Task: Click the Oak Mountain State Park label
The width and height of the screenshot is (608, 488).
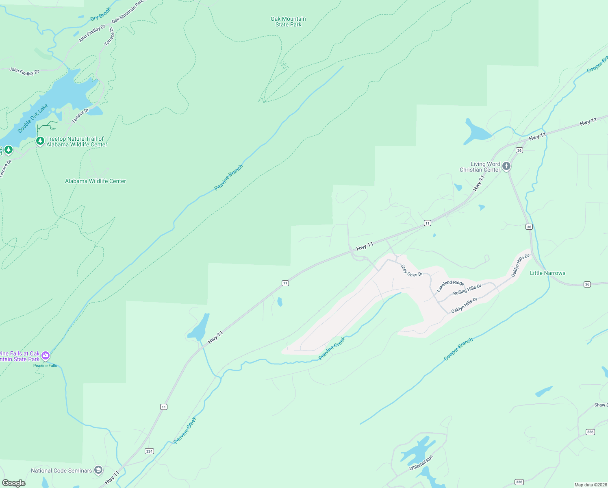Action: point(288,22)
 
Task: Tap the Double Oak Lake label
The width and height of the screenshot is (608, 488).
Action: point(33,118)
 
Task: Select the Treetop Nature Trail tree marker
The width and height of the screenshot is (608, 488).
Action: point(40,141)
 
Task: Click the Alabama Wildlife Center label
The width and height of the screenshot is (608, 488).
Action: point(96,181)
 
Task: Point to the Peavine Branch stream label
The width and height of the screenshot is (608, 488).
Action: point(228,177)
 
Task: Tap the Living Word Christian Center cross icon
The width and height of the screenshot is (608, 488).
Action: point(506,166)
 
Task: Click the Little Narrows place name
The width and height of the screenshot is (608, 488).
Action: point(547,273)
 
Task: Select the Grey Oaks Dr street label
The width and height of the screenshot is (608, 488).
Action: point(412,271)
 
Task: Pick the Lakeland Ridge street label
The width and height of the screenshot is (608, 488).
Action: point(450,285)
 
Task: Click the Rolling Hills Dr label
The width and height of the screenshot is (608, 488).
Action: point(467,290)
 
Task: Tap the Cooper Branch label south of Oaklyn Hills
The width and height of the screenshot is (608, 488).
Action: point(458,349)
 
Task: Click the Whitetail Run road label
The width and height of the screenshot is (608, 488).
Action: point(421,463)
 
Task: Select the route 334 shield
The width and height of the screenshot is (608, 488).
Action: point(149,451)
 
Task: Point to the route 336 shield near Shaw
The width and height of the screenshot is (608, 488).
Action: point(590,432)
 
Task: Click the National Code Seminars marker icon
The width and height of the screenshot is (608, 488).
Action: point(98,471)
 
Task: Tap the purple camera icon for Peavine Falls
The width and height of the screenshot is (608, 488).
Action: point(46,356)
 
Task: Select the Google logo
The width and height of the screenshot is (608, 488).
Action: point(14,483)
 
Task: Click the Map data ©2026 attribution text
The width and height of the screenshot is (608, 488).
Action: point(591,485)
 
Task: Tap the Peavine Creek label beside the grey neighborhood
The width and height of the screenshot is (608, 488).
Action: point(332,349)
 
